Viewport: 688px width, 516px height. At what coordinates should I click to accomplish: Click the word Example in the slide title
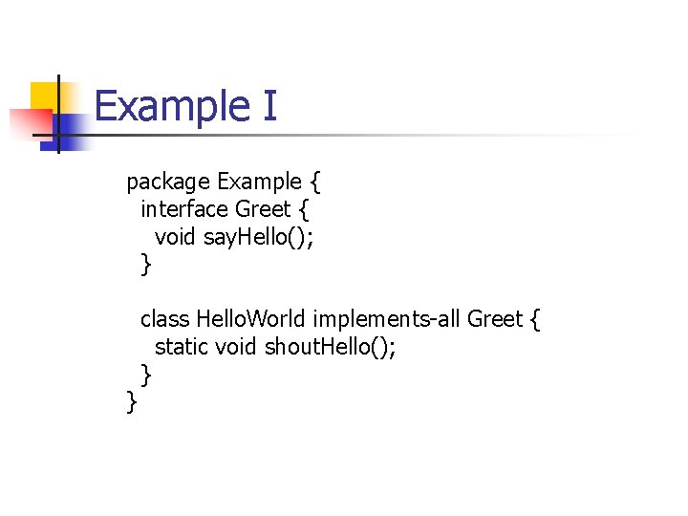click(x=169, y=105)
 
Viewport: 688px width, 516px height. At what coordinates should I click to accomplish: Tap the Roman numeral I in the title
click(x=268, y=105)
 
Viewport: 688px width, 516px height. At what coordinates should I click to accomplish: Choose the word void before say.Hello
click(x=176, y=236)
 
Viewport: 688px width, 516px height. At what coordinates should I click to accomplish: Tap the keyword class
click(x=164, y=318)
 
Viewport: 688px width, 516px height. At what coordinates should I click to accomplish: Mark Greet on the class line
click(x=495, y=318)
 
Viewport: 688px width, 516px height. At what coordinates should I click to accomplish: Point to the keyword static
click(x=182, y=346)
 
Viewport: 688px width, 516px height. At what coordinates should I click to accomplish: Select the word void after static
click(x=235, y=346)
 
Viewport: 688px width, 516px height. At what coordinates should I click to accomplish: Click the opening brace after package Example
click(x=315, y=182)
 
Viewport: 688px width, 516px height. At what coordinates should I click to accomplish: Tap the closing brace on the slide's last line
click(x=132, y=403)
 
